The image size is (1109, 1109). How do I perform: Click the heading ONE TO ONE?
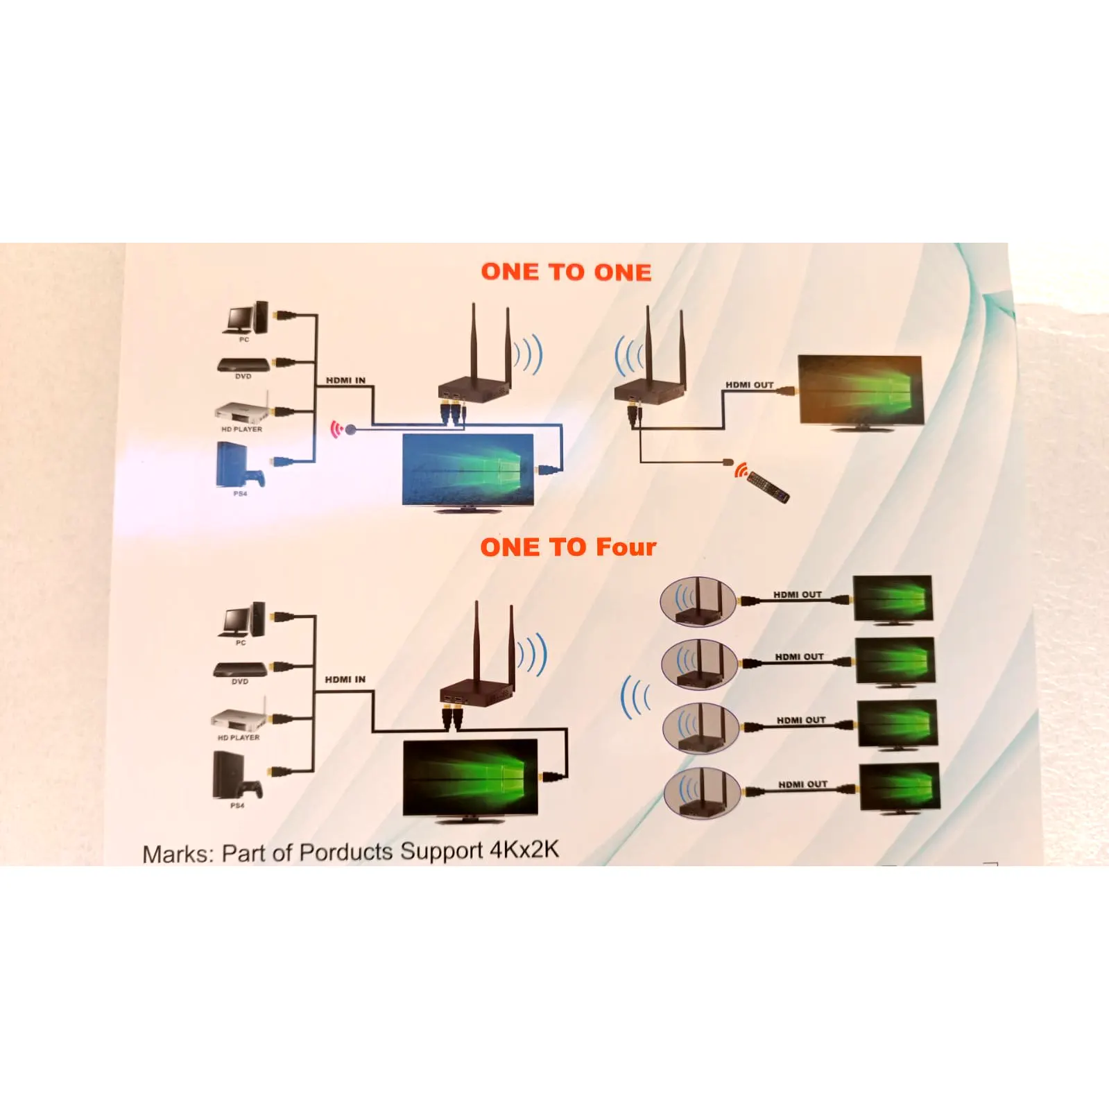tap(566, 272)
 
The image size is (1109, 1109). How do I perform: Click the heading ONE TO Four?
tap(568, 547)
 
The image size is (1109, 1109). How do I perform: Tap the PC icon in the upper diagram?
tap(247, 318)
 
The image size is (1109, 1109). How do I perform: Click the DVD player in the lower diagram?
tap(240, 669)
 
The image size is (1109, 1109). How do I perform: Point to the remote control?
tap(768, 486)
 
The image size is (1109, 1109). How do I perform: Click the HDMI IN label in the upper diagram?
tap(345, 380)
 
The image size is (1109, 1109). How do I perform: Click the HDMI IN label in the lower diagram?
tap(345, 679)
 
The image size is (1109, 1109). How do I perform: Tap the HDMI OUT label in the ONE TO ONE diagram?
tap(749, 384)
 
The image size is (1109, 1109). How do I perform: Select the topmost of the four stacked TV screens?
tap(893, 599)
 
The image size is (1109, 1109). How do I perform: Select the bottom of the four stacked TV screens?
tap(900, 788)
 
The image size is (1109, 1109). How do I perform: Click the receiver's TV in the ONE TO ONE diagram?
tap(861, 393)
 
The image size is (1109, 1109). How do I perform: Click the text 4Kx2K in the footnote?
tap(524, 849)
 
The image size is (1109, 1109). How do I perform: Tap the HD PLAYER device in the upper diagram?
tap(241, 411)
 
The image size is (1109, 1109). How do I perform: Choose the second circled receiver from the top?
tap(700, 664)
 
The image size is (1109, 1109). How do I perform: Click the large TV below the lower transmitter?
tap(470, 780)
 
